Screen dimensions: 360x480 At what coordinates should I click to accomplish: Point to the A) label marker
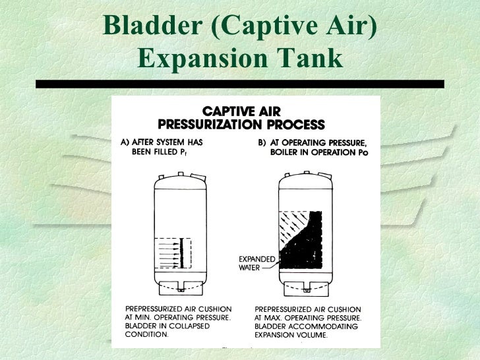pyautogui.click(x=125, y=142)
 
